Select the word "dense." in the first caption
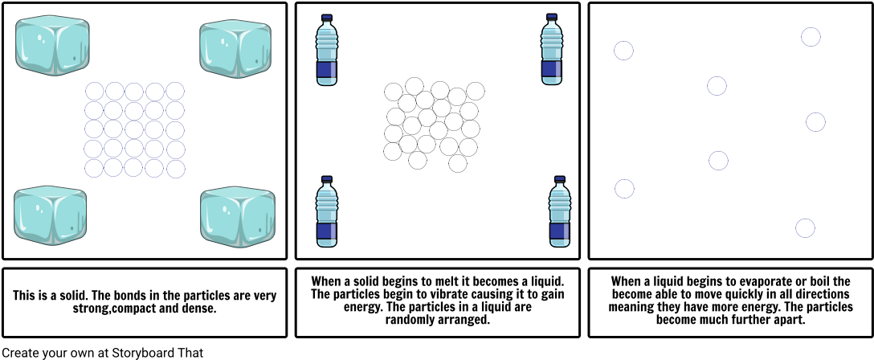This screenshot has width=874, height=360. click(200, 308)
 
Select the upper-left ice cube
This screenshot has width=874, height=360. click(52, 46)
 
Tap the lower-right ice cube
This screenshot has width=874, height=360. click(238, 217)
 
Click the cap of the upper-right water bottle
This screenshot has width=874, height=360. click(552, 17)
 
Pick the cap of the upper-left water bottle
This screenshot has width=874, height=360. click(327, 18)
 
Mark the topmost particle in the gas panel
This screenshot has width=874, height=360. click(811, 37)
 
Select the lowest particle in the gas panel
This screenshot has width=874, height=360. click(805, 228)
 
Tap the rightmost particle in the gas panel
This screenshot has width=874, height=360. click(815, 122)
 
